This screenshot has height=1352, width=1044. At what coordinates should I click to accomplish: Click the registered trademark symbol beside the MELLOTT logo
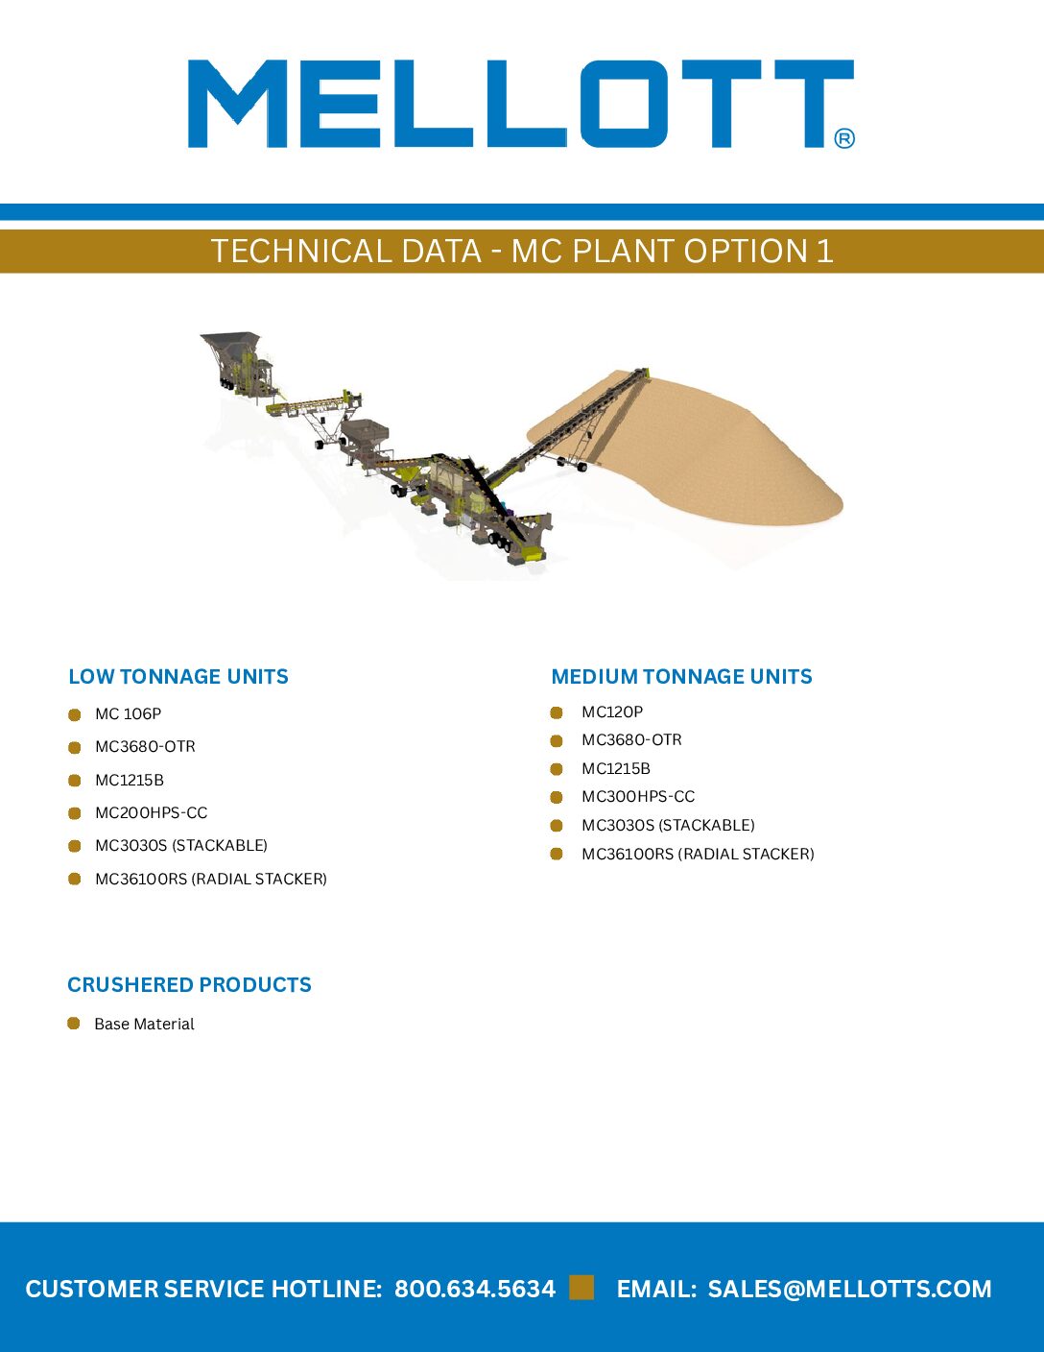pos(843,138)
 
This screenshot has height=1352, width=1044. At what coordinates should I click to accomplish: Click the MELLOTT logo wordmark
pos(521,104)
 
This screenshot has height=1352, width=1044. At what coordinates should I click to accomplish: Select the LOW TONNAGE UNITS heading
pos(178,676)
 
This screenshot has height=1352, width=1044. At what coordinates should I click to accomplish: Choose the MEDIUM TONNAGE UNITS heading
pos(681,676)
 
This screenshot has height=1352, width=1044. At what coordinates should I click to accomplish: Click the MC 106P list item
pos(128,713)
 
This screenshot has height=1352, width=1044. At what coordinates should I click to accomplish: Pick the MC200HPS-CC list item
pos(151,812)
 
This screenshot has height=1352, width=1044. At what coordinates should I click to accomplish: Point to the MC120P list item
pos(612,712)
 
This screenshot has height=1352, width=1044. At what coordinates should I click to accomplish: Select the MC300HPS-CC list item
pos(638,796)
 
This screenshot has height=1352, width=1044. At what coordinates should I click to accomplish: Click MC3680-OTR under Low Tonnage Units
pos(145,747)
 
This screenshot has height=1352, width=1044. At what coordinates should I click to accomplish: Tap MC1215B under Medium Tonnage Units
pos(616,768)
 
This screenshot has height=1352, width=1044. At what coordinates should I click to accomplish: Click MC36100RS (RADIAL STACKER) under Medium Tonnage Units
pos(698,854)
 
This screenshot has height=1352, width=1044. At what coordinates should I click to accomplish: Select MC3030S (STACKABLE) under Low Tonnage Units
pos(181,846)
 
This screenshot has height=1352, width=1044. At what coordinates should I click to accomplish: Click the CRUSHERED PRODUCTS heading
pos(189,984)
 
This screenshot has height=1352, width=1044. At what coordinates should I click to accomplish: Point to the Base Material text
pos(144,1024)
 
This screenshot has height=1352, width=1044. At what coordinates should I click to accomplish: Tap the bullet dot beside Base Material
pos(73,1024)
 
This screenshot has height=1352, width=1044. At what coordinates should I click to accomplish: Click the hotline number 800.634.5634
pos(474,1288)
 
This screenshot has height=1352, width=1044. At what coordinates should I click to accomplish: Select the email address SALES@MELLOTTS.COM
pos(849,1288)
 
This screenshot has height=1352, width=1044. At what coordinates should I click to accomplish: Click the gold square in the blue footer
pos(581,1288)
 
